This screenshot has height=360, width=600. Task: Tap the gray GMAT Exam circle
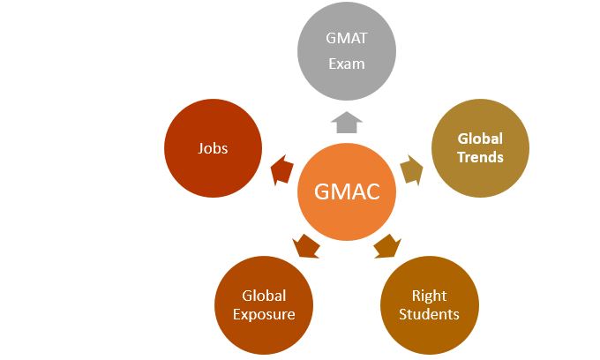pos(347,51)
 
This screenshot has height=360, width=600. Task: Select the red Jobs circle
pos(213,148)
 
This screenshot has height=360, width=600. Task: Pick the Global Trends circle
pos(480,148)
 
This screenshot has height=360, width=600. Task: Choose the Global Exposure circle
pos(264,304)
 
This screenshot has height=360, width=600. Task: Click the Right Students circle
pos(429,304)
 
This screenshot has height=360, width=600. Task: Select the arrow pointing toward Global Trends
pos(411,168)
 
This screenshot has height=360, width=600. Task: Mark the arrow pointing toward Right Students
pos(386,244)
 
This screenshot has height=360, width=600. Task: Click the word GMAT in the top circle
pos(347,39)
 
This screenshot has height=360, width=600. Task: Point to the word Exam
pos(347,64)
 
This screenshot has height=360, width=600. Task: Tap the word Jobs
pos(213,148)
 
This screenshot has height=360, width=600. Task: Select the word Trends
pos(480,157)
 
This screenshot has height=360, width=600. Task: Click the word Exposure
pos(264,313)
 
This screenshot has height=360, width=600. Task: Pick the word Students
pos(429,314)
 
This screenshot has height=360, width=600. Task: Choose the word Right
pos(429,296)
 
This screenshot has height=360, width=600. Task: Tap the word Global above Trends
pos(480,139)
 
